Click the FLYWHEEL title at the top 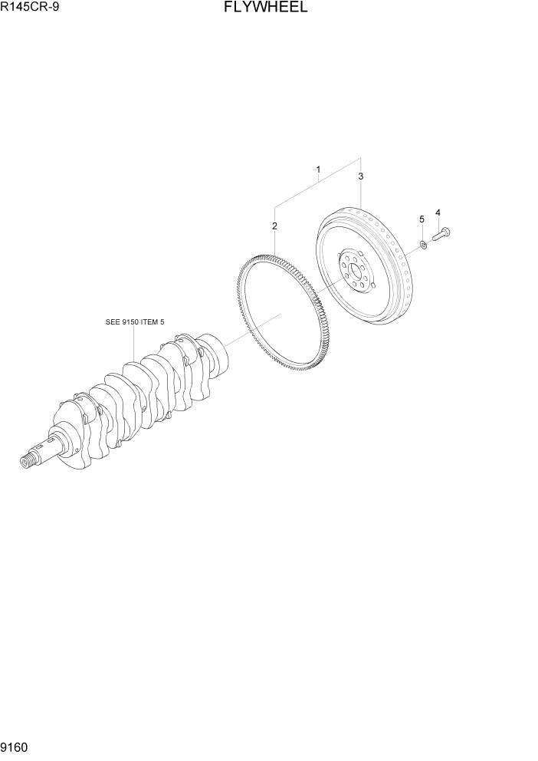267,8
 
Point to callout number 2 274,226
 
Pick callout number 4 438,212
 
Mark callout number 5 421,220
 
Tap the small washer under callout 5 422,245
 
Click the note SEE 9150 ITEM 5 134,322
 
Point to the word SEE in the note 113,322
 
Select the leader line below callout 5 421,232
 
